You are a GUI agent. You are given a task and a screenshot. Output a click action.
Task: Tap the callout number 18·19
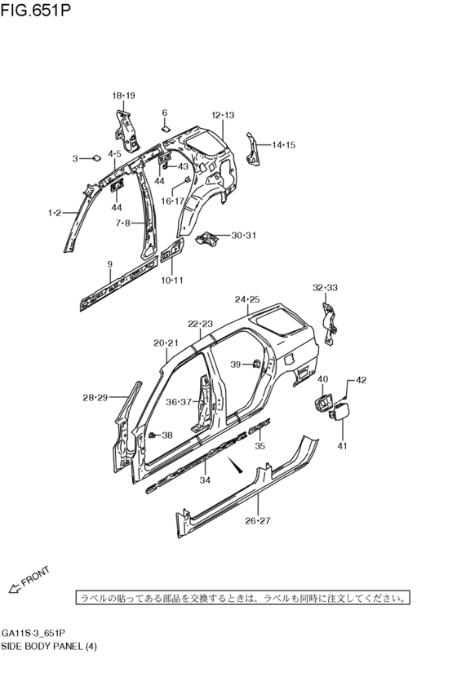click(x=123, y=95)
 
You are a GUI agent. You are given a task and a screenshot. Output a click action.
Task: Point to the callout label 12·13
click(x=223, y=115)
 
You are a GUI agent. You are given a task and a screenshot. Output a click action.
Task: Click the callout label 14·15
click(x=283, y=145)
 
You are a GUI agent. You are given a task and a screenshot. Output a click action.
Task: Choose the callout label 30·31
click(x=243, y=236)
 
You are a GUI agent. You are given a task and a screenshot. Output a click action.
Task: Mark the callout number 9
click(x=109, y=263)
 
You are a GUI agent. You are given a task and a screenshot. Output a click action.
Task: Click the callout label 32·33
click(x=325, y=287)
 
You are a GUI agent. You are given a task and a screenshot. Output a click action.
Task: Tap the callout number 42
click(x=361, y=380)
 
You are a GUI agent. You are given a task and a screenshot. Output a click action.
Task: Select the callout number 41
click(x=343, y=445)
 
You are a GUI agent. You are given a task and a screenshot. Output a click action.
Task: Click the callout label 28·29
click(x=95, y=397)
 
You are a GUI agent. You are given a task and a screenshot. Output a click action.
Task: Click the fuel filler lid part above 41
click(x=341, y=412)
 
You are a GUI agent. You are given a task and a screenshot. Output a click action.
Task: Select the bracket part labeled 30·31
click(x=208, y=237)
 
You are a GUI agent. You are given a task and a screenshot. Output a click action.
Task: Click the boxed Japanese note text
click(x=242, y=598)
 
